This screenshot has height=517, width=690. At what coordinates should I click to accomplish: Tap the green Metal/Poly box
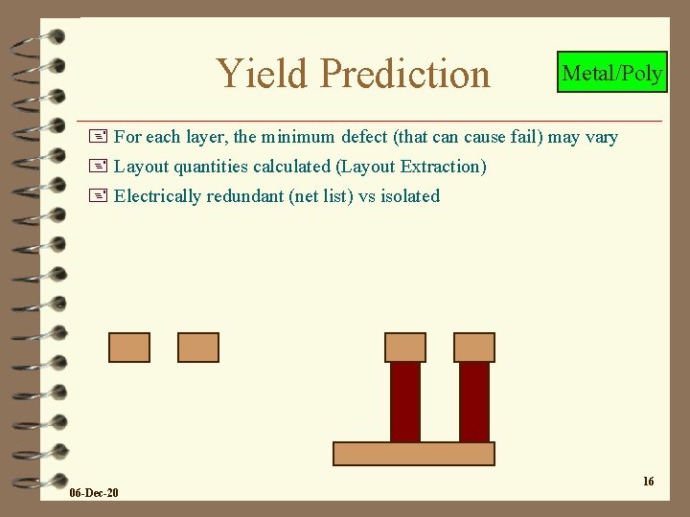tap(611, 73)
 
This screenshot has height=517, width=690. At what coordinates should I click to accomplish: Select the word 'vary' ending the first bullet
tap(601, 137)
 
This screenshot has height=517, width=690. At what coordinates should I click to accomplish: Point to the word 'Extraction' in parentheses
tap(441, 167)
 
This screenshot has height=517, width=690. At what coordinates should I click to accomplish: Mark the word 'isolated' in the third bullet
tap(410, 196)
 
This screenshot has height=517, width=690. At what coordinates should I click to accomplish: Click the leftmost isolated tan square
tap(129, 347)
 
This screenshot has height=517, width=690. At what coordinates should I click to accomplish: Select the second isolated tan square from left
tap(198, 347)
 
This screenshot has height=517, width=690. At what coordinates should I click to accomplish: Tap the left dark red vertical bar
tap(405, 401)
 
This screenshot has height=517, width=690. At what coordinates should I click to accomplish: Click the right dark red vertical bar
tap(474, 401)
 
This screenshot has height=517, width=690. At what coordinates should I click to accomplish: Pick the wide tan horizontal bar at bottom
tap(413, 454)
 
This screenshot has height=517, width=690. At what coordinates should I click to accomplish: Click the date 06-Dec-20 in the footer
tap(94, 492)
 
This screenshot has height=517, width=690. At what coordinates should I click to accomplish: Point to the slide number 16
tap(648, 481)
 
